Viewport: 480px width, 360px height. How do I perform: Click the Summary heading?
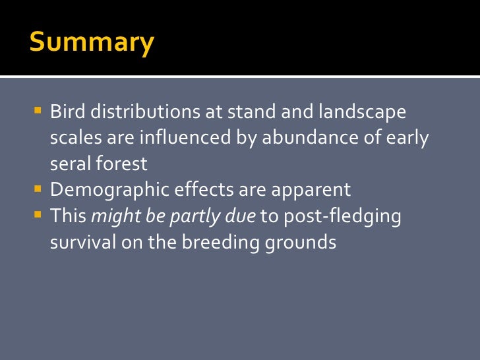click(92, 43)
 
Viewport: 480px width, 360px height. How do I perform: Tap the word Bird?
click(68, 111)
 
